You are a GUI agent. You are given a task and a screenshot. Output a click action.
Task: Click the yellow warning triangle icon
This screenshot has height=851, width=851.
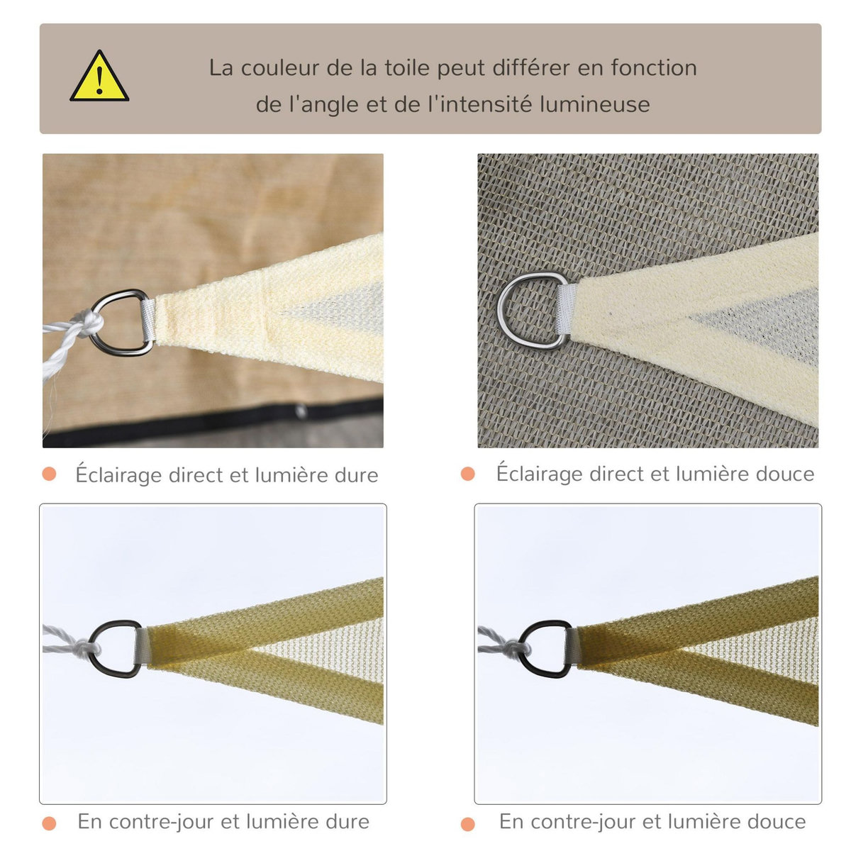(99, 78)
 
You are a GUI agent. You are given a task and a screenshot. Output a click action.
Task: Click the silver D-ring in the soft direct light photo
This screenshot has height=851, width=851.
(528, 310)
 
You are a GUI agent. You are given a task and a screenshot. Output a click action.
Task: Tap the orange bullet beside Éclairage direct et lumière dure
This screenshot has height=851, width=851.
(49, 474)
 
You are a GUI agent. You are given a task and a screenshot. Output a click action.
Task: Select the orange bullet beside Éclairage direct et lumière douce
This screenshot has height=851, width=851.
(467, 473)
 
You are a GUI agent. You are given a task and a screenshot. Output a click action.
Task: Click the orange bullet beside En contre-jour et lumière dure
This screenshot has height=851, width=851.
(49, 823)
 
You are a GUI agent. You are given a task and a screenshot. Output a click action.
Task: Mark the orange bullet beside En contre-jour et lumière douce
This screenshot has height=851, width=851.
(467, 823)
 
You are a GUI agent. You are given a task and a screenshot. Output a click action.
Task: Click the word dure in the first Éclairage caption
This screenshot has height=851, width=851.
(355, 474)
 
